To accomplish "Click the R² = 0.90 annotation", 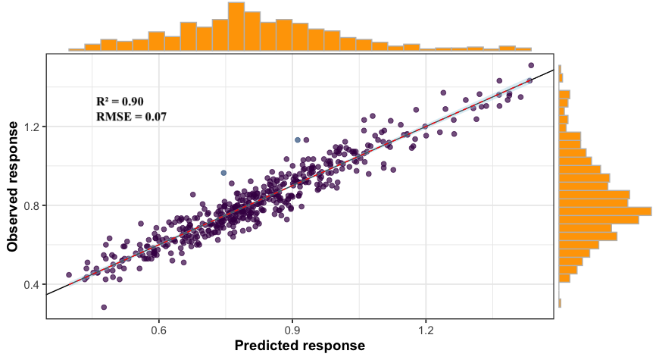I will (x=120, y=102).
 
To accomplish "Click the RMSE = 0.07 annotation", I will (x=131, y=117).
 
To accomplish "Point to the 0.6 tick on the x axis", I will (x=159, y=331).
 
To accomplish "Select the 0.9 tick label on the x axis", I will (x=292, y=331).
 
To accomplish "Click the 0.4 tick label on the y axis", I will (x=30, y=285).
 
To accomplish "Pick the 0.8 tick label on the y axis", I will (x=30, y=205).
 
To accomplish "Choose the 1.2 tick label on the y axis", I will (x=30, y=127).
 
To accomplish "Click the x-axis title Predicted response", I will (x=300, y=346).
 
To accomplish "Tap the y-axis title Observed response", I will (x=12, y=185).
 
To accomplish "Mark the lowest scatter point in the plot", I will (x=104, y=307).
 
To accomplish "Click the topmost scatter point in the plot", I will (x=530, y=66).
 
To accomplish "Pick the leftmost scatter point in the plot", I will (x=69, y=275).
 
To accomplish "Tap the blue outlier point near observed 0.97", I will (x=223, y=173).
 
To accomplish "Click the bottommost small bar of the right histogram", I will (x=559, y=303).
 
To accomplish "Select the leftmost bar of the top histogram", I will (x=76, y=49).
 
